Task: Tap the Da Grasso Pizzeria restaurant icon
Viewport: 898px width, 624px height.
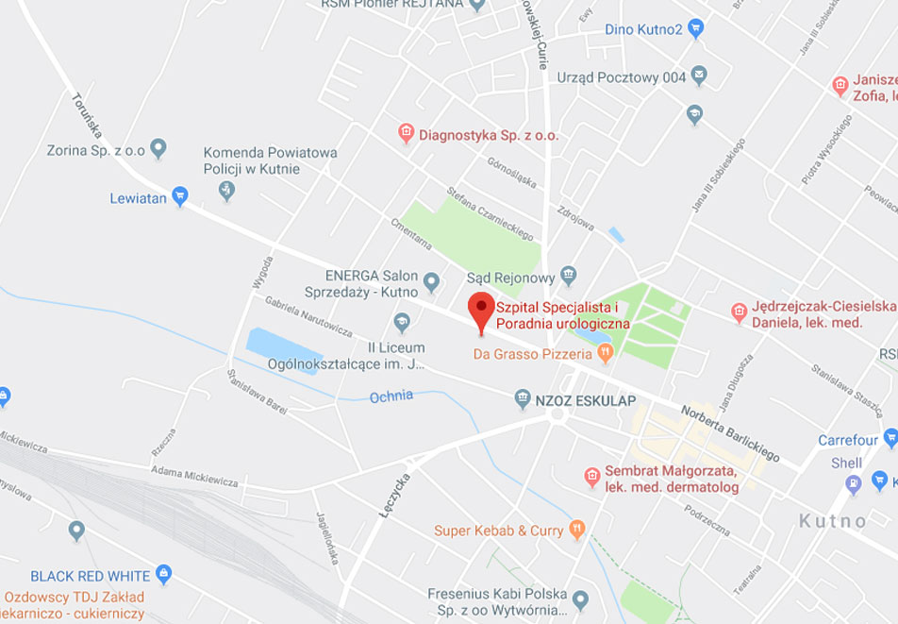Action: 606,353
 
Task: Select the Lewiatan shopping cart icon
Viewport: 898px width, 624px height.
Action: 180,197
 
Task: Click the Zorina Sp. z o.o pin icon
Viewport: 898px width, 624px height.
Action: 158,148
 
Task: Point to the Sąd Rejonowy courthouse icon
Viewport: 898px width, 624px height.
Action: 568,276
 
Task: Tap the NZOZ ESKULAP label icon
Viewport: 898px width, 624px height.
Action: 523,399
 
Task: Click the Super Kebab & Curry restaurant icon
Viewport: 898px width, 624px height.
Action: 577,530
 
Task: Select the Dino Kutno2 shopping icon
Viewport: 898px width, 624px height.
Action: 696,28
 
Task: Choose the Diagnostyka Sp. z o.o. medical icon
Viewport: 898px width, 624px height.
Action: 407,134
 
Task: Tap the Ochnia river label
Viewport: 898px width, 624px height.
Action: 391,396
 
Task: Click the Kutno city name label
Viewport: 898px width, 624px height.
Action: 832,521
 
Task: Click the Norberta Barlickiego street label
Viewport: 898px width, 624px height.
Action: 730,433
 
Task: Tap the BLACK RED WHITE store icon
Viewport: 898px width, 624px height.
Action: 164,574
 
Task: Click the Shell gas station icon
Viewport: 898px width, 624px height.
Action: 854,484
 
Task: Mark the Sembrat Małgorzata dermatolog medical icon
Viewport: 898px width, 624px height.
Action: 592,476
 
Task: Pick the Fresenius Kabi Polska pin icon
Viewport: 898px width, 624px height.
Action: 581,599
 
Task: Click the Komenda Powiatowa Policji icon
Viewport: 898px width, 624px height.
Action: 226,192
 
